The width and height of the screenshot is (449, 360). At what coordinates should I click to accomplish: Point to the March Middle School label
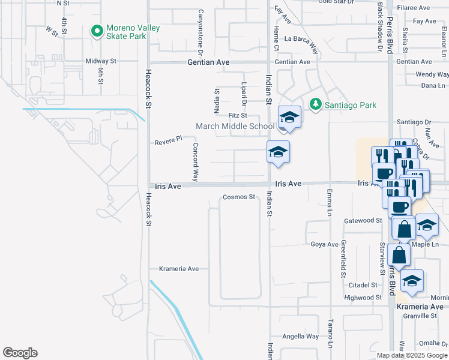coord(235,126)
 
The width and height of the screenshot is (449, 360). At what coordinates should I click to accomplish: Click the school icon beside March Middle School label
coord(289,118)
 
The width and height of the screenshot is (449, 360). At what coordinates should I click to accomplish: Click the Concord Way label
coord(195,162)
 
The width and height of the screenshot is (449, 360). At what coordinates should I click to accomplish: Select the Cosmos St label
coord(240,197)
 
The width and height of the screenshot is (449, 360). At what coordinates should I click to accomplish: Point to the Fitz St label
coord(238,116)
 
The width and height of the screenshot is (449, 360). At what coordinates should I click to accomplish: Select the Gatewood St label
coord(363,221)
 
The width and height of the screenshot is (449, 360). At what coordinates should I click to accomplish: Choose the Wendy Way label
coord(432,75)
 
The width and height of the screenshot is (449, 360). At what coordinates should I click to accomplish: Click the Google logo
coord(20,353)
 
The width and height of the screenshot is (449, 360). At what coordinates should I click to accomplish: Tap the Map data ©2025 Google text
coord(412,355)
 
